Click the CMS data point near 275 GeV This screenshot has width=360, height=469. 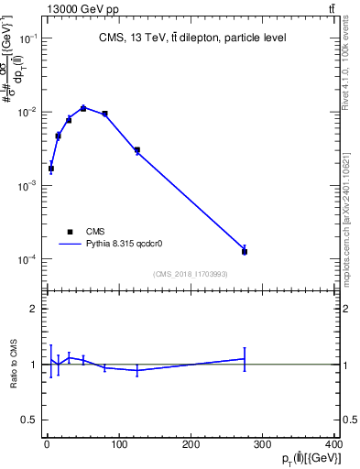click(245, 251)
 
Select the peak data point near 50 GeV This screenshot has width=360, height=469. click(83, 108)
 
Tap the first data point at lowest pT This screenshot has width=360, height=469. click(51, 169)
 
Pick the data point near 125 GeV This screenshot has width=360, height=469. click(136, 150)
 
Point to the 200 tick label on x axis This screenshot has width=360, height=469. click(191, 445)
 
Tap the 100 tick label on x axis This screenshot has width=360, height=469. click(119, 445)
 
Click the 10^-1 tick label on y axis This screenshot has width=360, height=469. click(28, 38)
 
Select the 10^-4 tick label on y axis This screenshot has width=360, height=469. click(28, 259)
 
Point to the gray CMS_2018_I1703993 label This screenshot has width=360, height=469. click(191, 275)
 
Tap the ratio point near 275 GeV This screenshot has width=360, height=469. click(245, 359)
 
